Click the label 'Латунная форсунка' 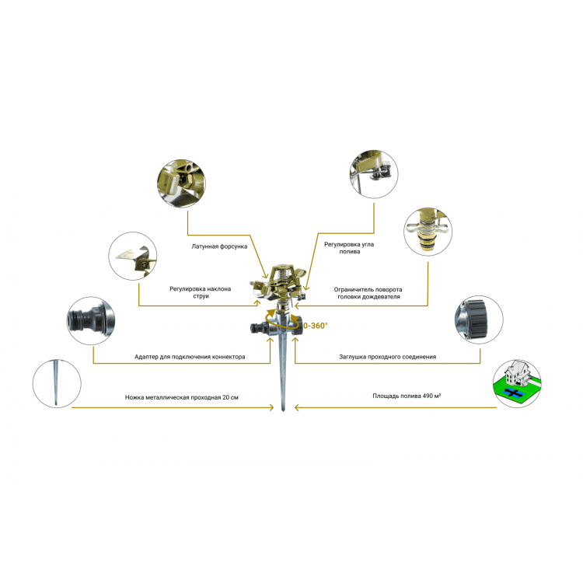219,246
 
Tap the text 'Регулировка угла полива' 349,248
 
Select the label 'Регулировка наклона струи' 201,292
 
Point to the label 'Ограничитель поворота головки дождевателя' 368,293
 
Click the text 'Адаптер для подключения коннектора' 190,357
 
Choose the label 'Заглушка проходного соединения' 387,357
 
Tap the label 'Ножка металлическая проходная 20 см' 181,397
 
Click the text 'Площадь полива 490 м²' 407,396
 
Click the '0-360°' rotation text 316,326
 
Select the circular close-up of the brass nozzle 181,183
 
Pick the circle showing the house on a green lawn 517,383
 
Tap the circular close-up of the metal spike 57,383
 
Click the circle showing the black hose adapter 91,320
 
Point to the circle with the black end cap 479,319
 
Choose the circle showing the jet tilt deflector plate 133,256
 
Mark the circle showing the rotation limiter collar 428,232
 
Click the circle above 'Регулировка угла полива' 374,173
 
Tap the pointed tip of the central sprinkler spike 283,411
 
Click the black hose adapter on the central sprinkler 259,328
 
